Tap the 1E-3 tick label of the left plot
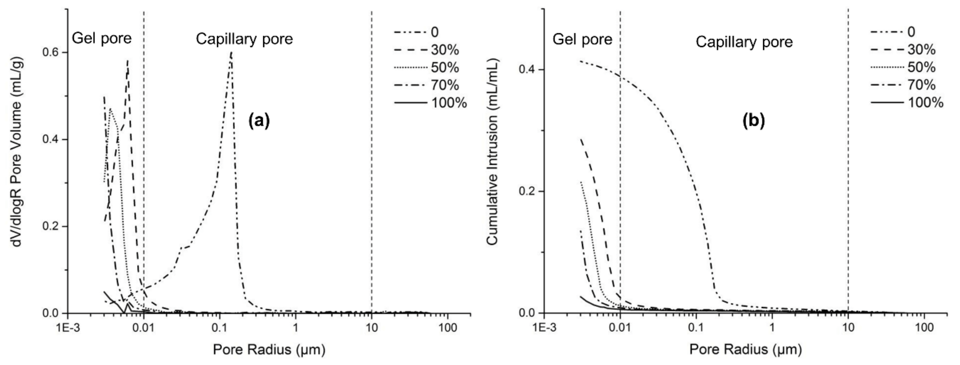(x=68, y=328)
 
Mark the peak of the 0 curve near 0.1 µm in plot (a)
(x=231, y=53)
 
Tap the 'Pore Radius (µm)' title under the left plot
(x=269, y=349)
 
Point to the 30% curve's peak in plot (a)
(x=128, y=60)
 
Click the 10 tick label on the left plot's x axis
(x=371, y=328)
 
